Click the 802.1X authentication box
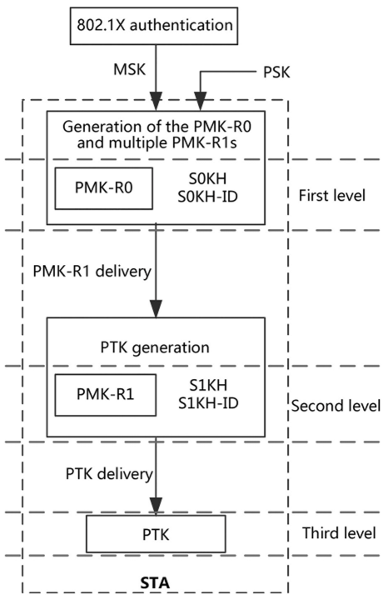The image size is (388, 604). click(153, 26)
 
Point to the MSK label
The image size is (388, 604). click(130, 70)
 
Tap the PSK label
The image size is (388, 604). click(276, 72)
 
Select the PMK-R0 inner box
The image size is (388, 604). click(103, 188)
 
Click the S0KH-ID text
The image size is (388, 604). click(208, 197)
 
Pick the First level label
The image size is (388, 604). click(332, 196)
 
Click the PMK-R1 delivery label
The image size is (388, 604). click(92, 272)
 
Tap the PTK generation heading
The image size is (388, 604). click(155, 347)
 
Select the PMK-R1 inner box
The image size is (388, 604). click(106, 395)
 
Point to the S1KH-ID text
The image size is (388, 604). click(208, 403)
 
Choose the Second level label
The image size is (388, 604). click(336, 406)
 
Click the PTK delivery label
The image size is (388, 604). click(109, 473)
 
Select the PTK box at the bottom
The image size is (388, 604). click(156, 534)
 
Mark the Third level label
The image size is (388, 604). click(339, 533)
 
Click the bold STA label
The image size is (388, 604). click(155, 583)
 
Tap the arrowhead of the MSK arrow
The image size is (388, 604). click(156, 102)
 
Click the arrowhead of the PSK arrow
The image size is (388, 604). click(200, 102)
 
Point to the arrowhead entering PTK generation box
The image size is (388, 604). click(156, 308)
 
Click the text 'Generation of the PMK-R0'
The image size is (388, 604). click(157, 127)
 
